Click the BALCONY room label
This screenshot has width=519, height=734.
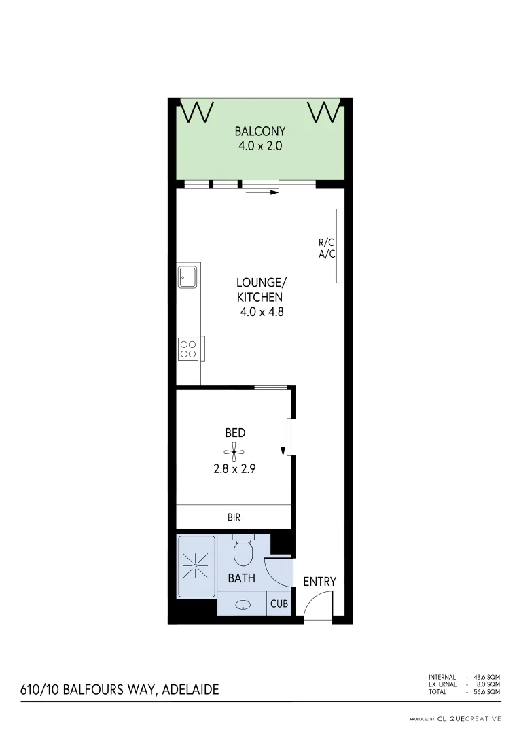(259, 131)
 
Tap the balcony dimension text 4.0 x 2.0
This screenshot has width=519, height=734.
(259, 145)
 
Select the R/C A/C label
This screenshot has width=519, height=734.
(327, 248)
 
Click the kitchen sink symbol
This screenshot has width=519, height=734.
(187, 277)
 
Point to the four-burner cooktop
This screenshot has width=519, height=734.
(188, 349)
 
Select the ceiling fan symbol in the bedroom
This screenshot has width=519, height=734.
(234, 451)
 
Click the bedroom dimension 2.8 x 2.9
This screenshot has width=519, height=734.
(234, 468)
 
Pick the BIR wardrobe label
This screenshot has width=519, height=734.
(234, 517)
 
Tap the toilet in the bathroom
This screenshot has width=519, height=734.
(243, 553)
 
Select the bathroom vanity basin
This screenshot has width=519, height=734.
(243, 604)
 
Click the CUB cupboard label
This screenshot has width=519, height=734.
(279, 604)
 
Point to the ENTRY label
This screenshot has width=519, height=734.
(319, 582)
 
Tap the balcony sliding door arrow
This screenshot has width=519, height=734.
(263, 192)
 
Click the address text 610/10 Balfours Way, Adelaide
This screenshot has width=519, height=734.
(120, 689)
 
